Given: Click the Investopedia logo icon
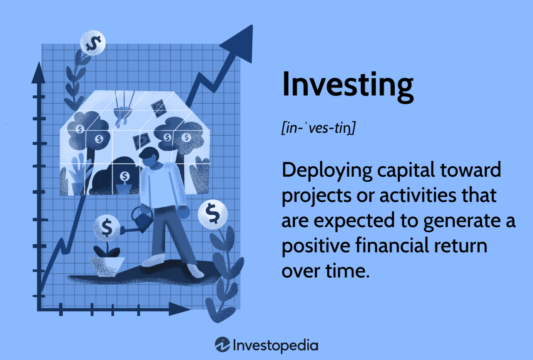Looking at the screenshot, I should point(222,345).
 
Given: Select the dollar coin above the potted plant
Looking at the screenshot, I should point(107,227).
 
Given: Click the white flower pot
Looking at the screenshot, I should point(107,266).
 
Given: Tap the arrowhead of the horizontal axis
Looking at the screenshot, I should point(180,309).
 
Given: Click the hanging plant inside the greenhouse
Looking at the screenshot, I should point(121,114).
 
